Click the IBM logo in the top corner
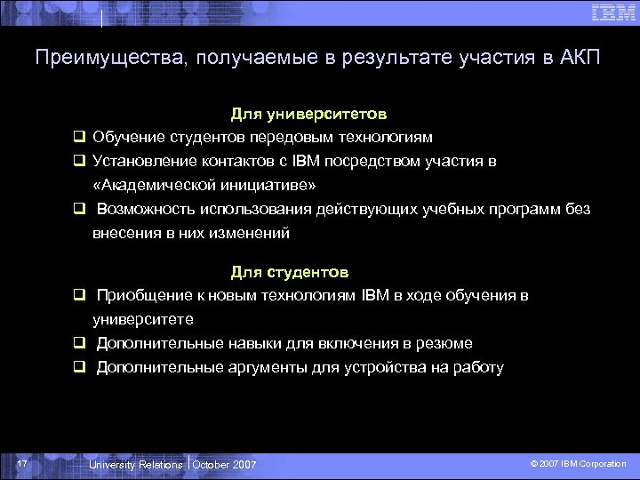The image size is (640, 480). click(612, 12)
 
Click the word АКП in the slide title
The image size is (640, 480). click(580, 59)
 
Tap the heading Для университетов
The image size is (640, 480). click(308, 115)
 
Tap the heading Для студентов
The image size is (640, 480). click(290, 271)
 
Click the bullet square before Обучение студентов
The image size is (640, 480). click(79, 138)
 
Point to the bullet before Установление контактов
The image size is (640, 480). click(79, 162)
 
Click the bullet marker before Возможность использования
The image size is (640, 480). click(79, 210)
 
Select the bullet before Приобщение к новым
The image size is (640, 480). click(79, 295)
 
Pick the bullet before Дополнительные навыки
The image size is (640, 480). click(79, 343)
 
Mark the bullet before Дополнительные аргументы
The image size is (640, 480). click(79, 367)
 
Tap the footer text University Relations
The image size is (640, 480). click(136, 465)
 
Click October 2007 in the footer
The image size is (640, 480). click(224, 465)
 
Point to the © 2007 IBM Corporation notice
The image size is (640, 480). click(578, 464)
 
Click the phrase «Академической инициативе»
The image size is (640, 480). click(204, 186)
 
